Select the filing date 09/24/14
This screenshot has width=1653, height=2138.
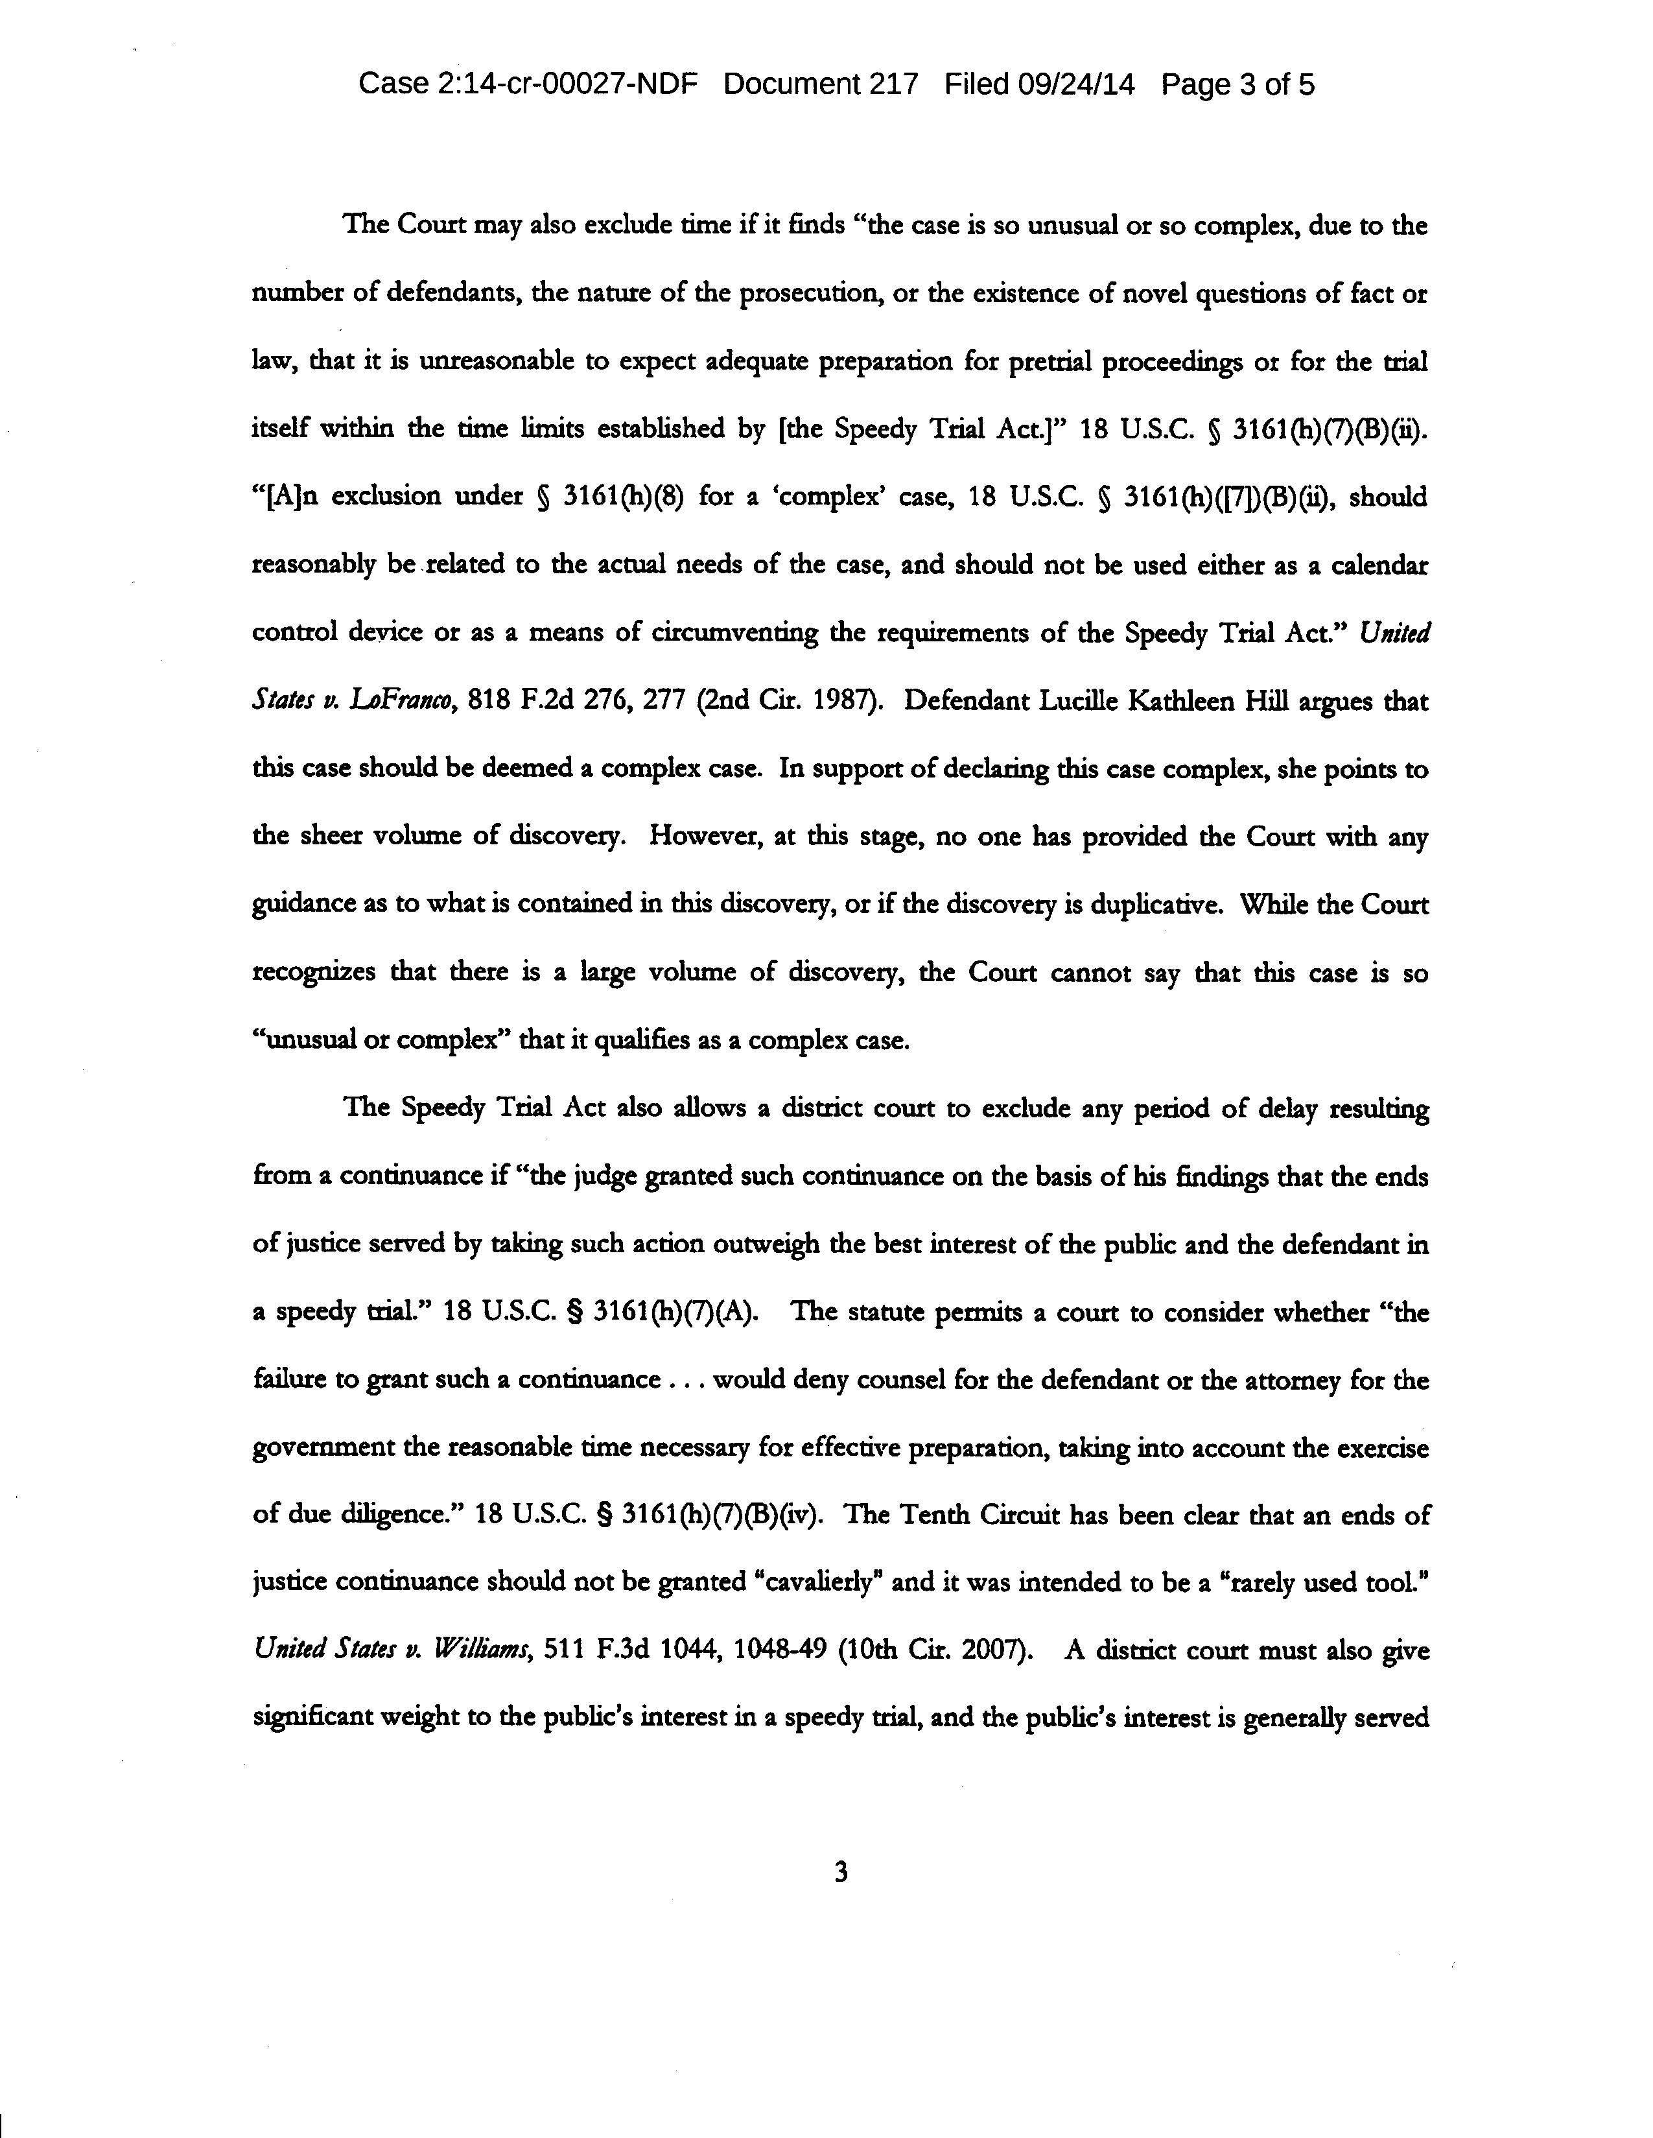1077,84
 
